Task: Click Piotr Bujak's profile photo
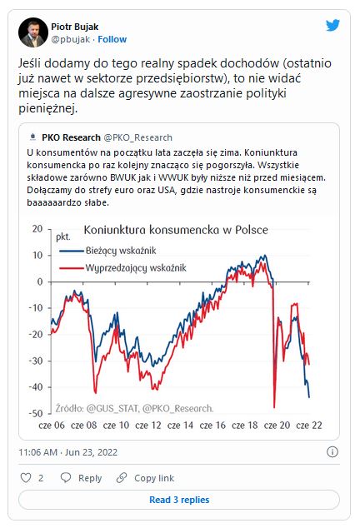pos(33,32)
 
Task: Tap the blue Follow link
pos(112,39)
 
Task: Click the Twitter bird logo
pos(332,25)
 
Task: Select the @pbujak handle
pos(71,39)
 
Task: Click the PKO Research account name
pos(71,137)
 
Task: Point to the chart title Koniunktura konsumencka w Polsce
pos(176,230)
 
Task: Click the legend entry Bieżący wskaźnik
pos(121,251)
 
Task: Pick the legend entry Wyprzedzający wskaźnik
pos(136,268)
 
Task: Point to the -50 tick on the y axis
pos(36,413)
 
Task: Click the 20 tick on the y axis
pos(37,229)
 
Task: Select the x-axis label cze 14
pos(180,426)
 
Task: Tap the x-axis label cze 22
pos(309,426)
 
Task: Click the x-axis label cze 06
pos(52,426)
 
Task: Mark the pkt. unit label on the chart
pos(63,237)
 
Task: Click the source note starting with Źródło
pos(134,408)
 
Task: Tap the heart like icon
pos(26,478)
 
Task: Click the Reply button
pos(81,478)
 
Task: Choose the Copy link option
pos(145,478)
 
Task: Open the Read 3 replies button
pos(179,500)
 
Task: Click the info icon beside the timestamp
pos(332,452)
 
